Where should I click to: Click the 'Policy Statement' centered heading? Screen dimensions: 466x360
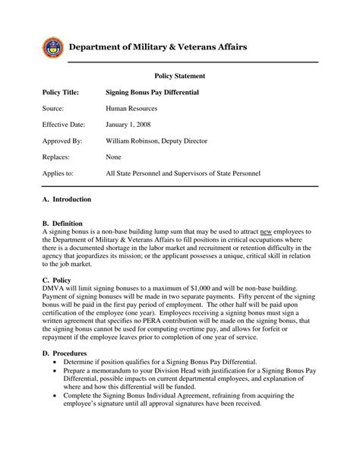(x=180, y=76)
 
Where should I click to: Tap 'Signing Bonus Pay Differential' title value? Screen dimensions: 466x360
(x=152, y=92)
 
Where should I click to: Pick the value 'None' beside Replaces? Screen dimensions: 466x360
(x=115, y=157)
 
